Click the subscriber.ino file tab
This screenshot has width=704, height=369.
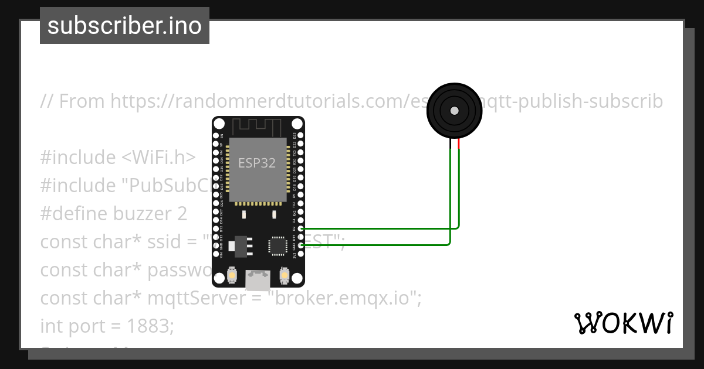[x=124, y=26]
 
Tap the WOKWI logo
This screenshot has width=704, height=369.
[x=623, y=323]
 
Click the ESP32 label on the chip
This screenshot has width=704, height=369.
[x=257, y=163]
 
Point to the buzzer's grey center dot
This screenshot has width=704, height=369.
[x=454, y=110]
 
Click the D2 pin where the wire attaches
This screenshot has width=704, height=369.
[x=301, y=228]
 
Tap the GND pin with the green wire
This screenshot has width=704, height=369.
[x=301, y=245]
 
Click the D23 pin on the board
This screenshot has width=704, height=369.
[x=301, y=135]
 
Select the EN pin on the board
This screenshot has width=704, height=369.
[x=215, y=135]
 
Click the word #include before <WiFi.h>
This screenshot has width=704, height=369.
[x=78, y=158]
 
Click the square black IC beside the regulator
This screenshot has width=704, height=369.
[x=276, y=246]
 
